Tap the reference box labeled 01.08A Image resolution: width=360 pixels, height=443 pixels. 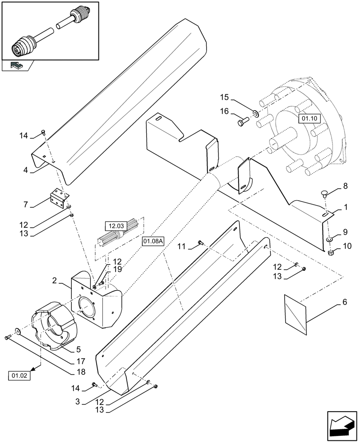pos(153,241)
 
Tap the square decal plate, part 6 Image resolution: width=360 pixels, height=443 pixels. pos(294,313)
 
